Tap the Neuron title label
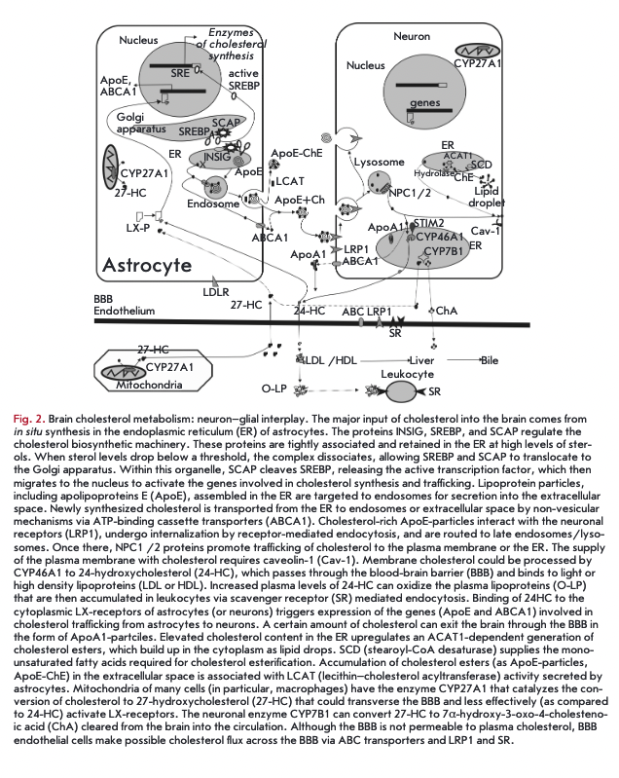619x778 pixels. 411,36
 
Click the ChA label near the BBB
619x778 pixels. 447,311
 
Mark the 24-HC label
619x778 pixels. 308,311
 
